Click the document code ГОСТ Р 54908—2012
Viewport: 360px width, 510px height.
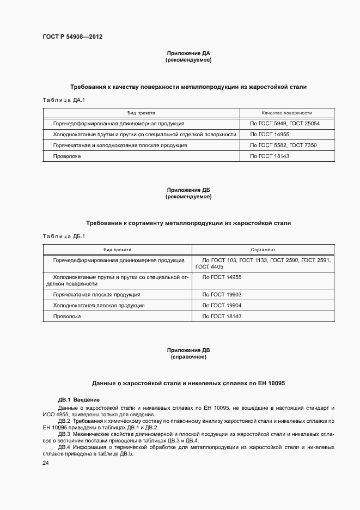coord(72,37)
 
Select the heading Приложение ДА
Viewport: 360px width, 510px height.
coord(188,53)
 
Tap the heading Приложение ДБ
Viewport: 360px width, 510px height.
coord(188,190)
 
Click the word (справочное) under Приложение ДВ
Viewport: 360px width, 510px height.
coord(188,357)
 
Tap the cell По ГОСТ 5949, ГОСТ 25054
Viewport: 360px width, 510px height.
coord(284,124)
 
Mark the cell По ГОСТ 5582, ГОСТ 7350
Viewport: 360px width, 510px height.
coord(283,145)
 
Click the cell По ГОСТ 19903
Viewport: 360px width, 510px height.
coord(222,294)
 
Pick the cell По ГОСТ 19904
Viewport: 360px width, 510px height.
coord(222,305)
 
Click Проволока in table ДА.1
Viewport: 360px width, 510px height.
coord(67,156)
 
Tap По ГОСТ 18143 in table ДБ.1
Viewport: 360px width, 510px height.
coord(222,316)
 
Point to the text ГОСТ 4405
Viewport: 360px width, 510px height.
coord(209,267)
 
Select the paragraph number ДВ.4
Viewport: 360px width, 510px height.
coord(65,447)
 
